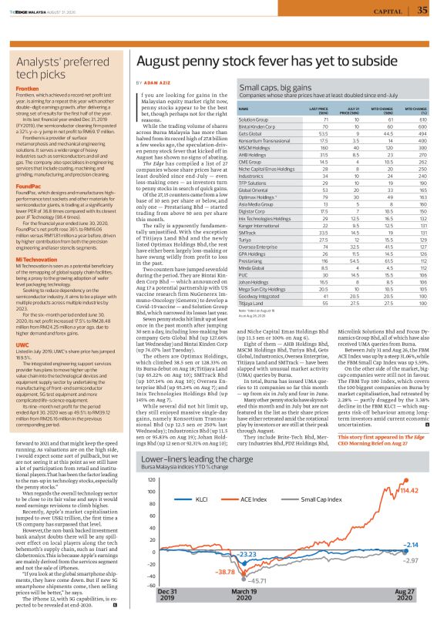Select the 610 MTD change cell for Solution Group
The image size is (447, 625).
click(x=422, y=120)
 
